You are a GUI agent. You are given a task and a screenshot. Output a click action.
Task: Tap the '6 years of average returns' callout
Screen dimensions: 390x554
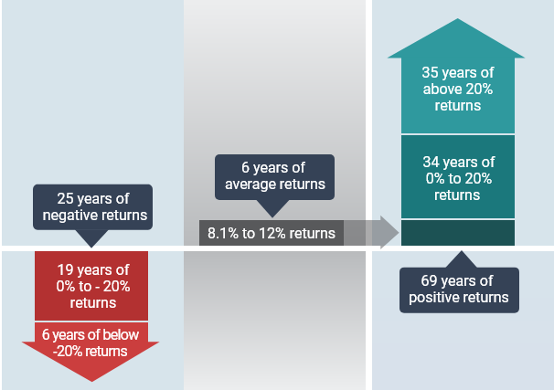(274, 176)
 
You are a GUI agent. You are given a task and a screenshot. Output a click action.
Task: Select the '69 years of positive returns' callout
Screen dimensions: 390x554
(457, 289)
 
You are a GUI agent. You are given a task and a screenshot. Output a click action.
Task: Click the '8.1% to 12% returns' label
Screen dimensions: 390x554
(272, 234)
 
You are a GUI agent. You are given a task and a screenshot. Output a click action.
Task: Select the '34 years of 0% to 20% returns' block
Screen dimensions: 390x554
(457, 178)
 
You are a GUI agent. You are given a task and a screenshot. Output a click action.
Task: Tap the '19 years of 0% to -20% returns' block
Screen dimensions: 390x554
(92, 286)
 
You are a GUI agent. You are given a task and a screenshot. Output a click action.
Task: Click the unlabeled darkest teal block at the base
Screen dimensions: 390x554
(457, 233)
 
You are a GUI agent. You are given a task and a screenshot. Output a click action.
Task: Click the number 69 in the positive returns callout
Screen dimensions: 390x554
(428, 280)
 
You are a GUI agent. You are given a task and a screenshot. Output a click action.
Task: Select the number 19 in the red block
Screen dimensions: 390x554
(64, 269)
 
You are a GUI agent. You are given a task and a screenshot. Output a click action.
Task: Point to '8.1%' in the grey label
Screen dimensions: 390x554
(222, 234)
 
